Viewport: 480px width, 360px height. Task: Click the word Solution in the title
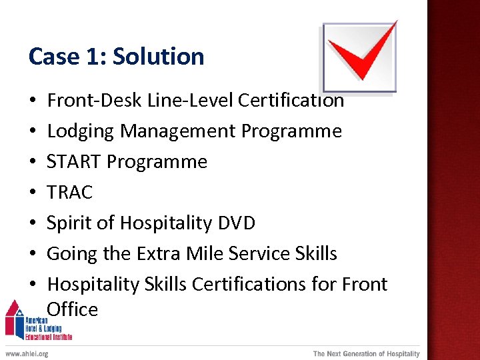(159, 57)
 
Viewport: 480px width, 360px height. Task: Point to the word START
(74, 162)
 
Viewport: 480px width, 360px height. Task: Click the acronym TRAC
(69, 193)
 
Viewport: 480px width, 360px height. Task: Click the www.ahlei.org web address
(27, 354)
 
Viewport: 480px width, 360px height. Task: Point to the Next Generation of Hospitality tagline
(366, 354)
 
